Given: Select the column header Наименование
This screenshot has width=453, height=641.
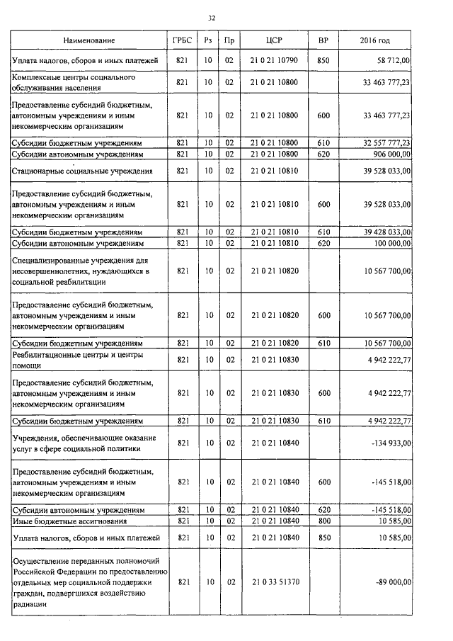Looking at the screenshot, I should [x=88, y=40].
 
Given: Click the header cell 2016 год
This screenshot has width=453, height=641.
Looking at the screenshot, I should [x=375, y=40].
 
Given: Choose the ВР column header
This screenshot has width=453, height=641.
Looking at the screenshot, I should [x=323, y=40].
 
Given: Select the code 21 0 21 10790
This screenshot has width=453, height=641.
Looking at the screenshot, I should [x=274, y=62].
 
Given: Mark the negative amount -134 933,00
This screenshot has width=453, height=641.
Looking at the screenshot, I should [x=390, y=443].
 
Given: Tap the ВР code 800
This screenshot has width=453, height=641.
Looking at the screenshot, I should [x=323, y=521].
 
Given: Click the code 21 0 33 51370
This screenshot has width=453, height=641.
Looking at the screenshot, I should [x=274, y=581].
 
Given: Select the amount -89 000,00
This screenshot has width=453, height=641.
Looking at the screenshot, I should [x=391, y=581].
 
